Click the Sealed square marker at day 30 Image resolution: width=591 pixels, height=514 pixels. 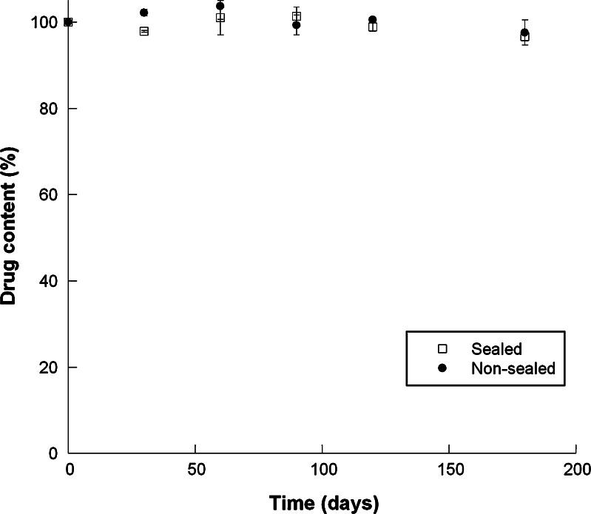pos(143,31)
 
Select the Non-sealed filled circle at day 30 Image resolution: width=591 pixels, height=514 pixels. pos(143,13)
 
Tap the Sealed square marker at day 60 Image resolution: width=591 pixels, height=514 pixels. pos(220,17)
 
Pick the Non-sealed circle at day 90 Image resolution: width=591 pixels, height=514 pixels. pos(297,25)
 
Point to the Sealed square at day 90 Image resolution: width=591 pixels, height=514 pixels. pos(297,16)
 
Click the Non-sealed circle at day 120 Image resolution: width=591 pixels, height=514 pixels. pos(373,20)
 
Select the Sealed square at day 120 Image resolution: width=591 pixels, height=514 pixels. pos(373,27)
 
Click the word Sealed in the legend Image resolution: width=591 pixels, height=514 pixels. pos(496,349)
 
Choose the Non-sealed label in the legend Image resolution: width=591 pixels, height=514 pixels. pos(513,368)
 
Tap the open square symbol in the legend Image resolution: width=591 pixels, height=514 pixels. pos(442,349)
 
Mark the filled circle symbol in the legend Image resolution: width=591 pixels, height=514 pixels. pos(442,368)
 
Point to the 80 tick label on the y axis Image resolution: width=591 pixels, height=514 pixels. pos(49,109)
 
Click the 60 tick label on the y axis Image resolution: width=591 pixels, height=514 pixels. pos(49,195)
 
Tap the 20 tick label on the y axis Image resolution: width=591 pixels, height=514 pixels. pos(49,367)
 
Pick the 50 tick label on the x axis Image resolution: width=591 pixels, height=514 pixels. pos(195,470)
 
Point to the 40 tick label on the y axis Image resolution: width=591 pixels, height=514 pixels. pos(49,281)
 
